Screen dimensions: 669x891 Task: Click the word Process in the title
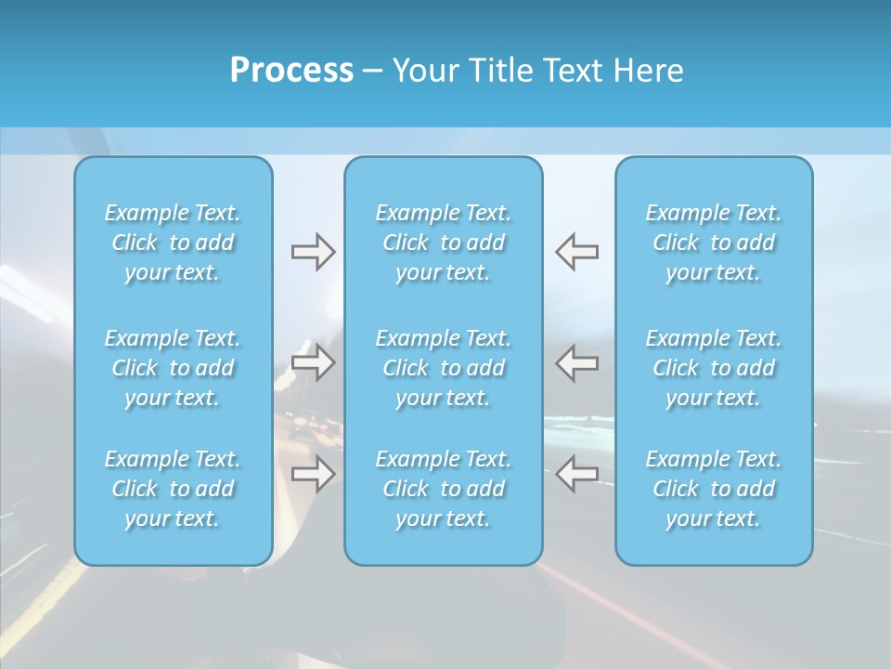tap(291, 71)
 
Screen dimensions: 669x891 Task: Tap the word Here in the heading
tap(648, 71)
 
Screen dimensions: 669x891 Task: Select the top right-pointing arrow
tap(314, 252)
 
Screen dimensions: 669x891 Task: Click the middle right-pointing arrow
tap(314, 362)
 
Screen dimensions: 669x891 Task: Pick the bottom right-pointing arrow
tap(314, 475)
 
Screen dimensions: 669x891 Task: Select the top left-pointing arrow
tap(576, 252)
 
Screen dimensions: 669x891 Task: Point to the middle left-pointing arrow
tap(576, 362)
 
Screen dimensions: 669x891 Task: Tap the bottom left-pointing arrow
tap(576, 474)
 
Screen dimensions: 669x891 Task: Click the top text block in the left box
tap(173, 243)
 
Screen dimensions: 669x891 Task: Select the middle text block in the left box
tap(173, 368)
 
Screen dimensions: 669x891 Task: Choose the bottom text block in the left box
tap(173, 489)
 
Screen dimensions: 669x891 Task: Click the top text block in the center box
tap(444, 243)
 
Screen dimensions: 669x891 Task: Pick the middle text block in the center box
tap(444, 368)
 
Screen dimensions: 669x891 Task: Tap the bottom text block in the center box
tap(444, 489)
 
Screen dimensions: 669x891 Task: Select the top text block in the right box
tap(714, 243)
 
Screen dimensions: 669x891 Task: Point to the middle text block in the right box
tap(714, 368)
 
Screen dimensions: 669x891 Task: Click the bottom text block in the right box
tap(714, 489)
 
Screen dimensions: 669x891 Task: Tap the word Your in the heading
tap(423, 71)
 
